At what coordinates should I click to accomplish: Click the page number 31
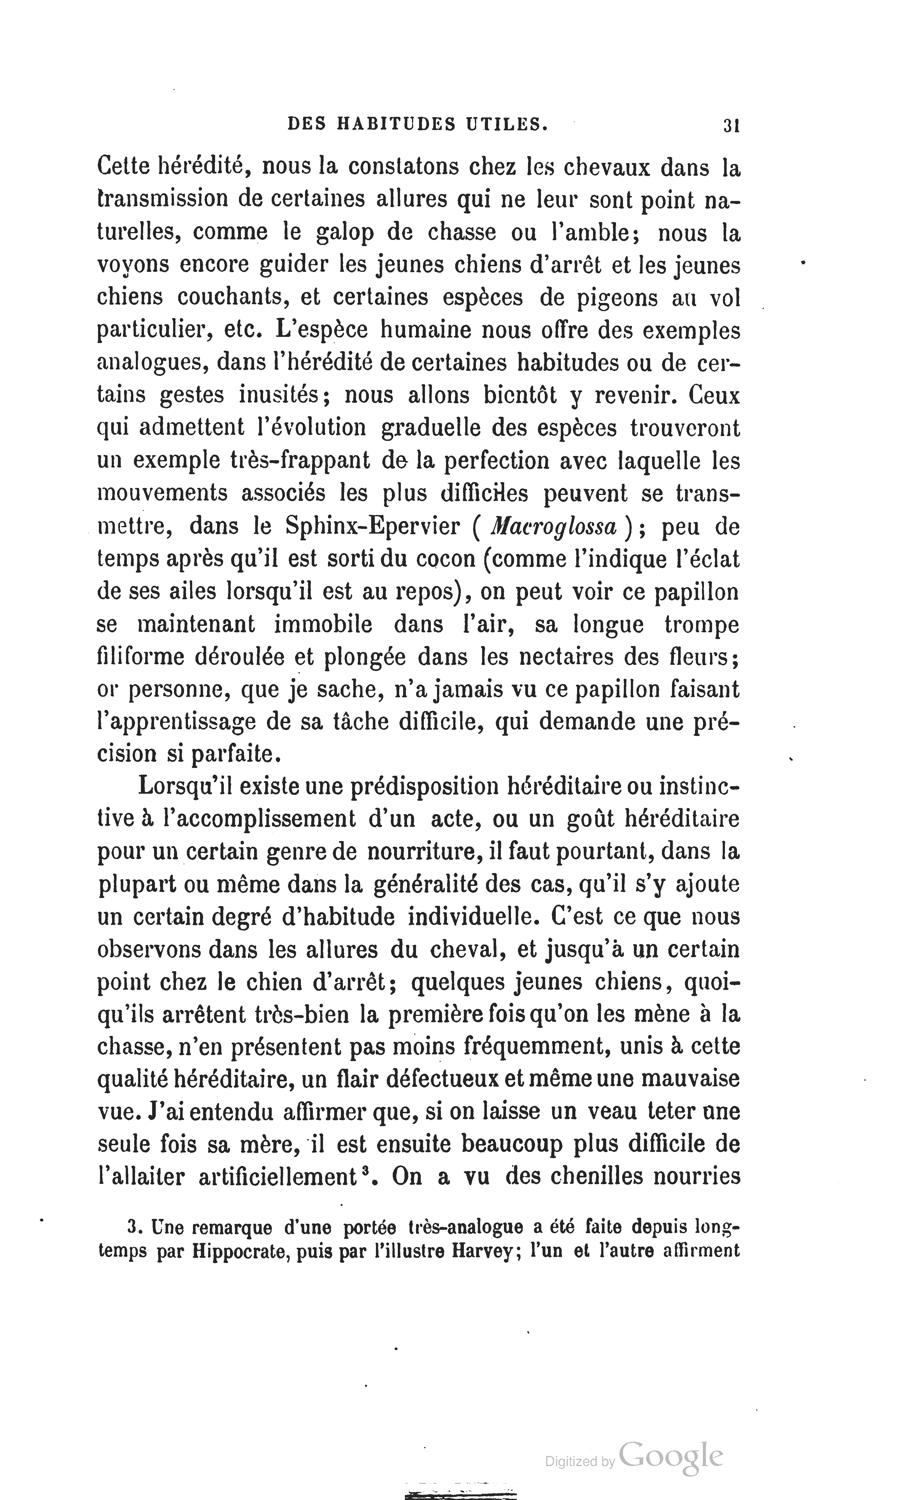(x=730, y=125)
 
